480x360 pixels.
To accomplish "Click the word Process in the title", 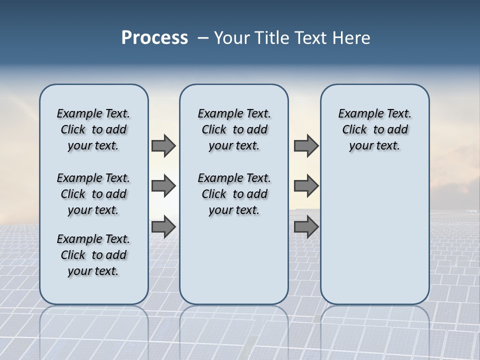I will [x=154, y=38].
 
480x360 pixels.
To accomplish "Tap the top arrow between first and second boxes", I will [x=163, y=145].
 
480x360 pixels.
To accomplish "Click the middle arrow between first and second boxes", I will [x=163, y=186].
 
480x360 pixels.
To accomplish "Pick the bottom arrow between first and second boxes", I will [x=163, y=227].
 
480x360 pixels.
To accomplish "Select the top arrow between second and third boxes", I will [x=306, y=145].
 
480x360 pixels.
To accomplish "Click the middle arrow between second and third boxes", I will [x=306, y=186].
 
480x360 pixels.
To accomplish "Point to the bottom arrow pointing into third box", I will [x=306, y=227].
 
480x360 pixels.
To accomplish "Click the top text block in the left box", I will [x=93, y=129].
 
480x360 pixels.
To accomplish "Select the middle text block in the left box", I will [x=93, y=194].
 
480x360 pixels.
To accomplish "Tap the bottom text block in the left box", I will [x=93, y=255].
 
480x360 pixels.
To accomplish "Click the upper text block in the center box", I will [x=234, y=129].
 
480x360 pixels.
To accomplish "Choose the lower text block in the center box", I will [x=234, y=194].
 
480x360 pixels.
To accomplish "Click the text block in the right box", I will [x=375, y=129].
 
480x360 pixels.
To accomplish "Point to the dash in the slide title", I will [x=203, y=38].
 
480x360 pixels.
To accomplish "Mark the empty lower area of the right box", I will [x=375, y=235].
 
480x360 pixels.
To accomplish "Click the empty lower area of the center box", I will [x=234, y=260].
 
